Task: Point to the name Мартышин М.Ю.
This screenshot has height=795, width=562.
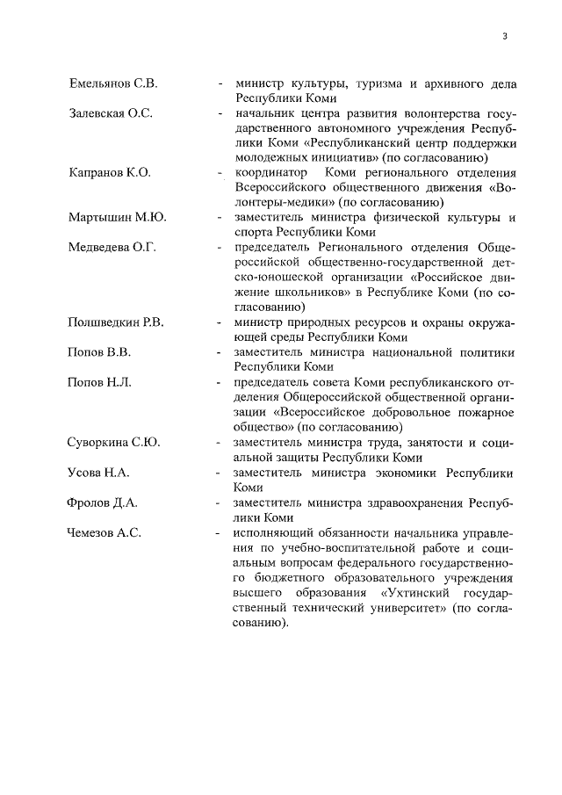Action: [x=117, y=217]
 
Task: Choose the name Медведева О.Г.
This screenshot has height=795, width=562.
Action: [x=112, y=247]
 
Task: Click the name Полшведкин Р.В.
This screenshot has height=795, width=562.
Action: [x=116, y=322]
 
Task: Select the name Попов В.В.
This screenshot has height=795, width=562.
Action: [x=99, y=351]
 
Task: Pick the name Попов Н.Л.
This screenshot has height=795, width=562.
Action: [x=100, y=382]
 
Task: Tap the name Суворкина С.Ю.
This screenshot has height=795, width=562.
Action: [x=114, y=442]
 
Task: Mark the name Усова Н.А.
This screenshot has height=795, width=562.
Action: [x=98, y=473]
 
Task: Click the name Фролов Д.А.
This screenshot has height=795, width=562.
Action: [x=102, y=502]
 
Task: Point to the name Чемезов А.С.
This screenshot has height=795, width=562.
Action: [x=104, y=532]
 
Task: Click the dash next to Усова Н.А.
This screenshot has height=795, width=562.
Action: [x=220, y=473]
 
